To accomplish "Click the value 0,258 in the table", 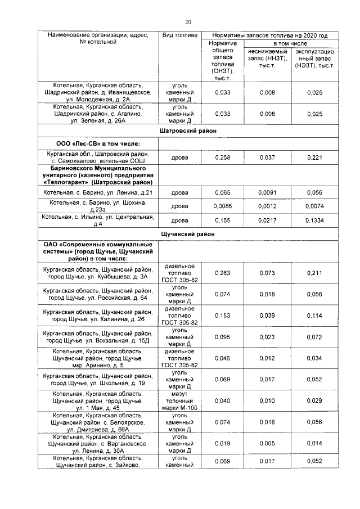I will (223, 159).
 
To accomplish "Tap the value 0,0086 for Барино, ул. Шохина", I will (223, 206).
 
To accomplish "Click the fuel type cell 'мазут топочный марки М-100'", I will (179, 400).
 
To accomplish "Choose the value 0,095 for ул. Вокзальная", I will (223, 337).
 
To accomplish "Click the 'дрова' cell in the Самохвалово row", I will (179, 159).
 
